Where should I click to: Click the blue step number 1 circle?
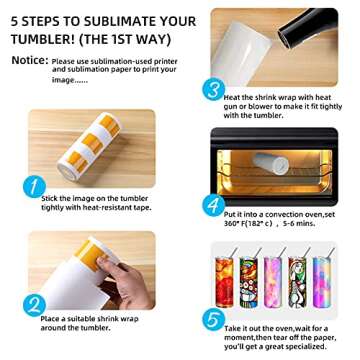click(34, 187)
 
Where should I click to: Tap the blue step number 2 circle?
click(34, 305)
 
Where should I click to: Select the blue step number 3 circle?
click(214, 89)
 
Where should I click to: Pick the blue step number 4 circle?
click(214, 205)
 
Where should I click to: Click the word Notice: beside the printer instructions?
click(30, 60)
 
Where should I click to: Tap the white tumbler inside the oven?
click(270, 163)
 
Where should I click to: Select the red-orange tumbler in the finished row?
click(224, 282)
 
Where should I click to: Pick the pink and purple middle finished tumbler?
click(273, 282)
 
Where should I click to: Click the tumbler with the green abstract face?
click(297, 282)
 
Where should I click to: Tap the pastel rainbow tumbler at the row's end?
click(321, 282)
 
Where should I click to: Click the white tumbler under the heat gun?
click(241, 53)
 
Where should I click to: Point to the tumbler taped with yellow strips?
click(89, 146)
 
